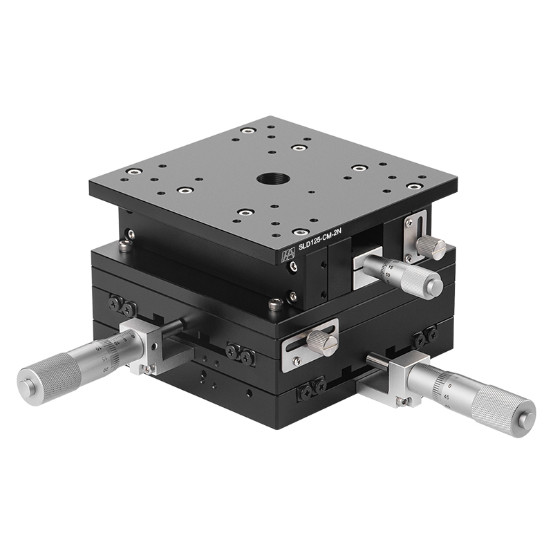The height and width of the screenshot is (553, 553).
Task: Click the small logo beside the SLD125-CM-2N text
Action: tap(286, 255)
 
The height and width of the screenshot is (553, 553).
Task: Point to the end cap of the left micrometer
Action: tap(26, 382)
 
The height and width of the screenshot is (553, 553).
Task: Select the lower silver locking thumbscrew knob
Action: tap(323, 341)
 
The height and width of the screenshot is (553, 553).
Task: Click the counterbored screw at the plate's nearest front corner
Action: tap(300, 232)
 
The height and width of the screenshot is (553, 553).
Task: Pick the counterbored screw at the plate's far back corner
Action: tap(247, 129)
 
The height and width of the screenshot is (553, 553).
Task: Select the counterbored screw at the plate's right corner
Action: tap(413, 186)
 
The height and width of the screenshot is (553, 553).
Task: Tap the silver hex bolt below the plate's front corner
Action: tap(274, 303)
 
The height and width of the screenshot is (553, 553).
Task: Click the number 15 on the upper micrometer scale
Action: tap(391, 267)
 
